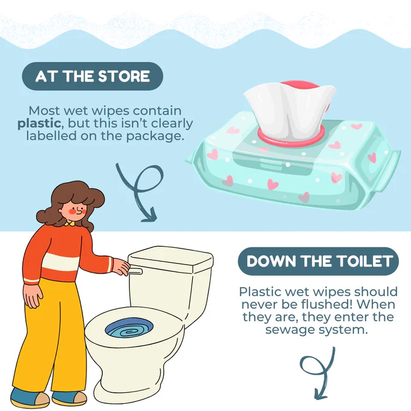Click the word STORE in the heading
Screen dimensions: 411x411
[124, 76]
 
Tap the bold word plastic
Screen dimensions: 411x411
[39, 124]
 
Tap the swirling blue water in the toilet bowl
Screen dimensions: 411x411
[129, 329]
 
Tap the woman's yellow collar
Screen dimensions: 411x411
[70, 224]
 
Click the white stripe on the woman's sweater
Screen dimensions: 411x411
[61, 263]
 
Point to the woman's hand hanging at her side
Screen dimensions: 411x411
[33, 296]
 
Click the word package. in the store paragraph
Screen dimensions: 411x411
[155, 137]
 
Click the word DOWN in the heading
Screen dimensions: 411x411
[271, 261]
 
